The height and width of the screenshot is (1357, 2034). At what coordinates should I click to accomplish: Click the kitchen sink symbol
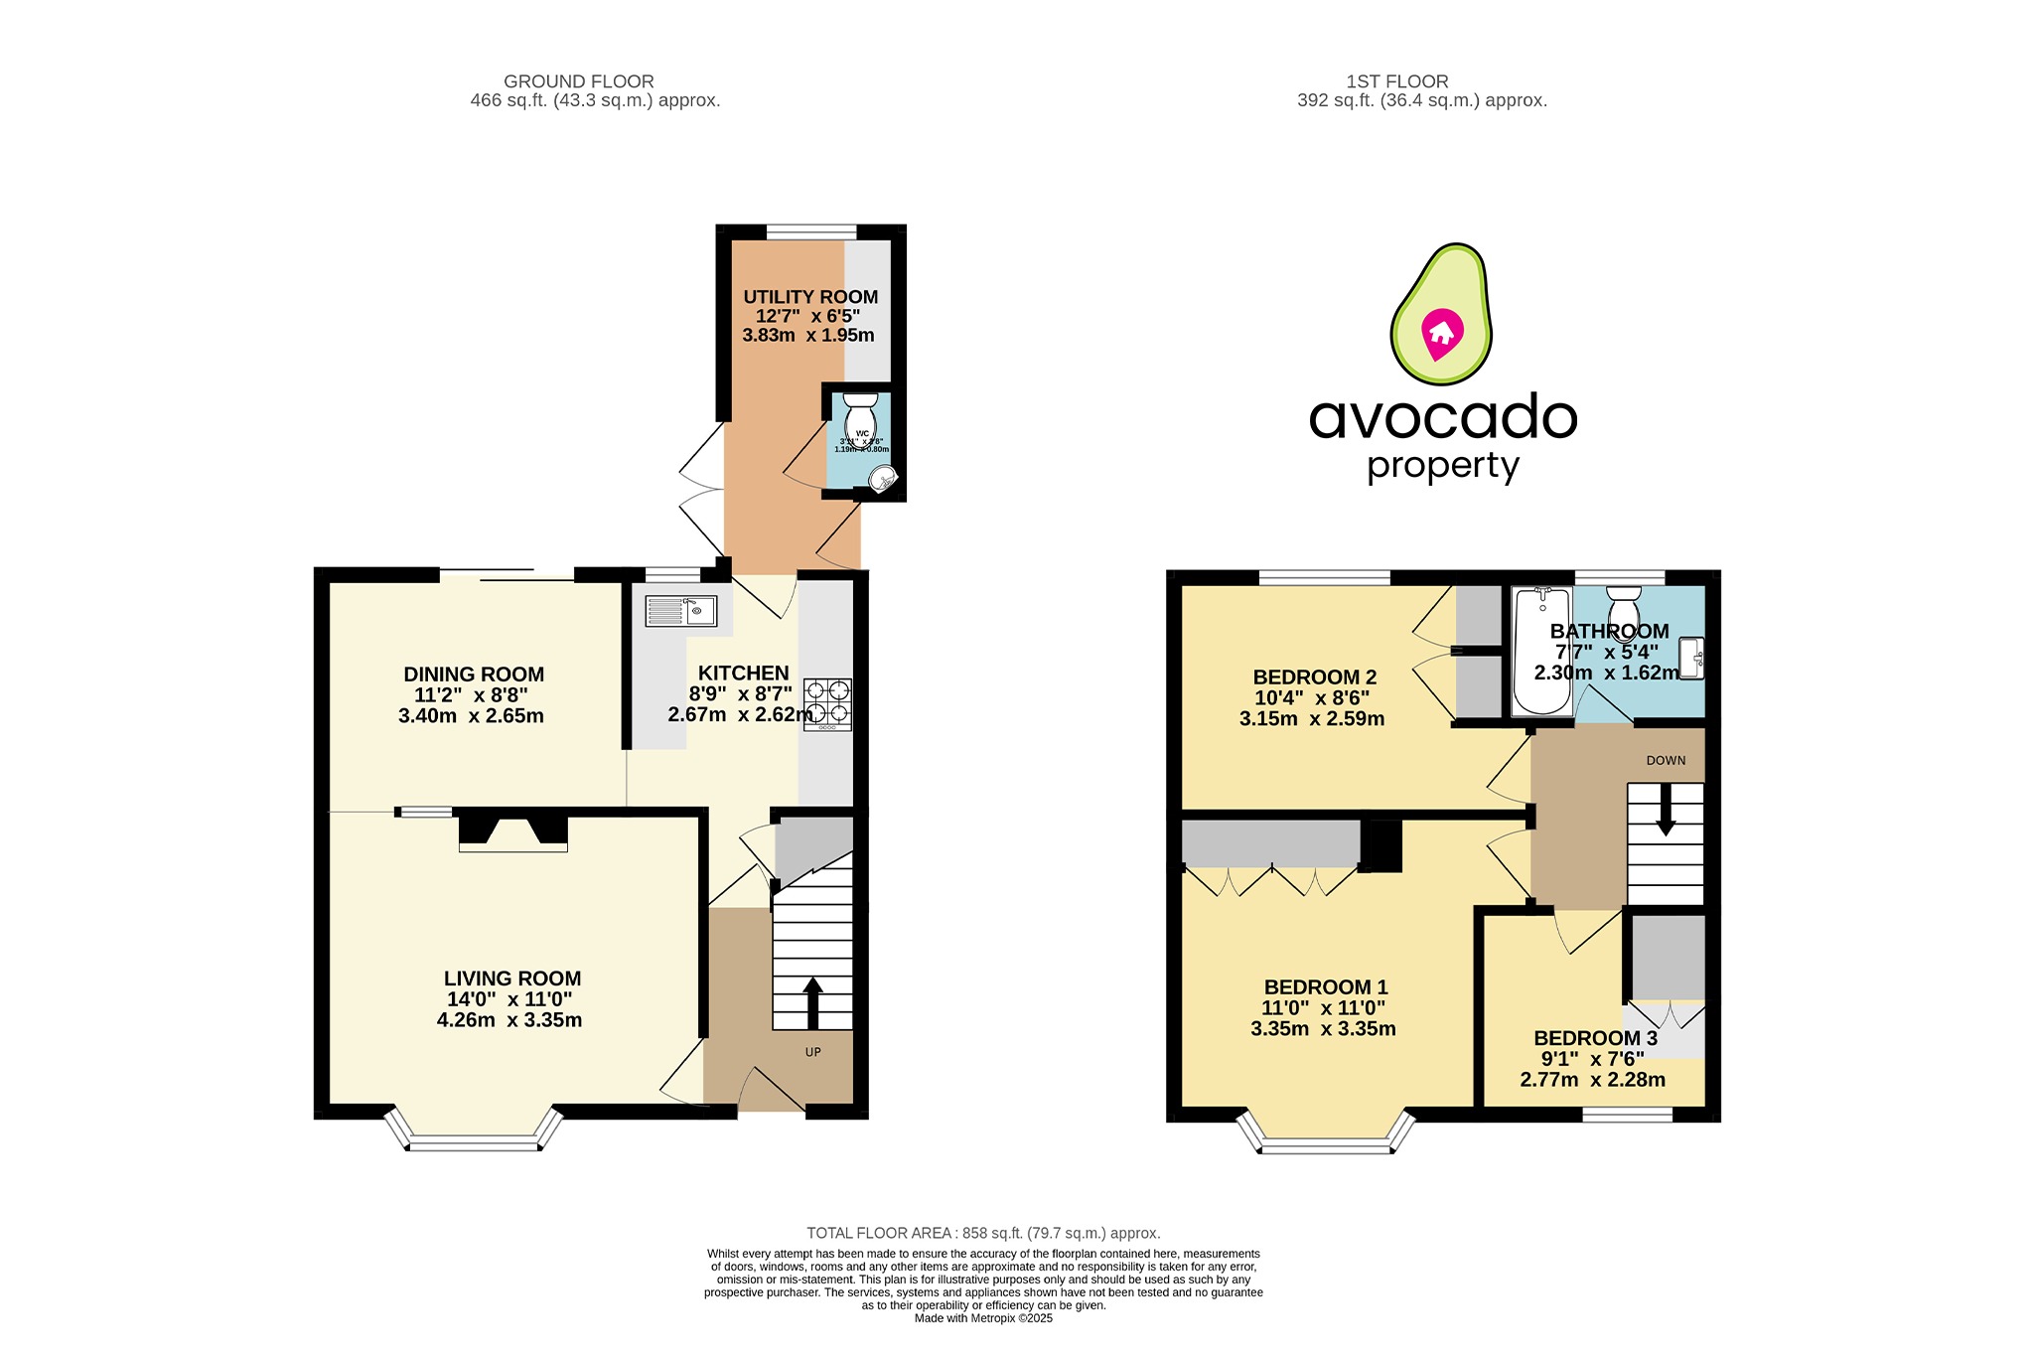(x=681, y=611)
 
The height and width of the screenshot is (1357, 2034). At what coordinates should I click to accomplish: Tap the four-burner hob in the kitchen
(x=827, y=700)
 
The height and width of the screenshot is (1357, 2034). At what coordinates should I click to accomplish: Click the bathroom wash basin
(x=1691, y=658)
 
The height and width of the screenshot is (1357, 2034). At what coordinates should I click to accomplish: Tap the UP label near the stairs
(x=813, y=1052)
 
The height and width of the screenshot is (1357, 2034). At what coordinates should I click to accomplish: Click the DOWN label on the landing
(x=1666, y=760)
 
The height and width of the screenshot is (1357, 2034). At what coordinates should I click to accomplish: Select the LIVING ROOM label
(x=511, y=979)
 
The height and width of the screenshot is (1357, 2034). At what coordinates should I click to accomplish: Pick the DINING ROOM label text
(x=474, y=675)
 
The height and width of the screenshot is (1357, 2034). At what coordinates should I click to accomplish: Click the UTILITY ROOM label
(x=810, y=297)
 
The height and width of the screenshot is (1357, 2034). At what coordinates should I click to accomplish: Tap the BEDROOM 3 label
(x=1595, y=1038)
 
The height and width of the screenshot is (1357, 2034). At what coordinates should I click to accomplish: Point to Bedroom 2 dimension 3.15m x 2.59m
(x=1311, y=719)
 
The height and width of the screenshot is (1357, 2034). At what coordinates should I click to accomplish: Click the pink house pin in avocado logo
(x=1441, y=333)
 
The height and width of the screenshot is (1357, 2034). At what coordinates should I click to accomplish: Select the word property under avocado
(x=1442, y=466)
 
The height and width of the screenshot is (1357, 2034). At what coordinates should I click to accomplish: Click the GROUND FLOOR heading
(x=578, y=81)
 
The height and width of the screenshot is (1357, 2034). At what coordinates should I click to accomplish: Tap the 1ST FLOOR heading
(x=1396, y=81)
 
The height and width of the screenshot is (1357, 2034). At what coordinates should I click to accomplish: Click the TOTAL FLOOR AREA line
(x=982, y=1233)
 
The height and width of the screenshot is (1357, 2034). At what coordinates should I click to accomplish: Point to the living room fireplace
(x=512, y=832)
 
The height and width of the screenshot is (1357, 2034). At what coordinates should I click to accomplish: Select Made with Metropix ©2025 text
(x=982, y=1318)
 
